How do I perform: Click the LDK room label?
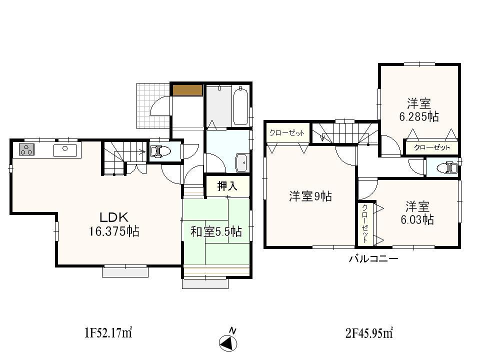click(115, 217)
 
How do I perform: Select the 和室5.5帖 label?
click(216, 231)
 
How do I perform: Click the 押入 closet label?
click(226, 187)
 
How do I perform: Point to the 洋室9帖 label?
click(310, 196)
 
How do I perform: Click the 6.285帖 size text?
click(418, 117)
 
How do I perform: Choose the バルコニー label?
click(373, 258)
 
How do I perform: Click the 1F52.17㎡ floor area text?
click(107, 331)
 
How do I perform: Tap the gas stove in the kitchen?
click(26, 149)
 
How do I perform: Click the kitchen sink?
click(65, 149)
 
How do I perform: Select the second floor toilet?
click(449, 167)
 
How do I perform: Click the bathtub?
click(241, 106)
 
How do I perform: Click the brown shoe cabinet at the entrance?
click(187, 90)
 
